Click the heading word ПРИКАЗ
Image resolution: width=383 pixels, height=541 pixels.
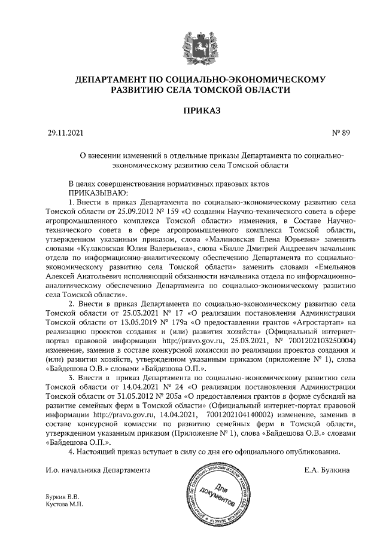191,111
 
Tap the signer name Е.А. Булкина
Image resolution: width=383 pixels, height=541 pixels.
327,470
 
